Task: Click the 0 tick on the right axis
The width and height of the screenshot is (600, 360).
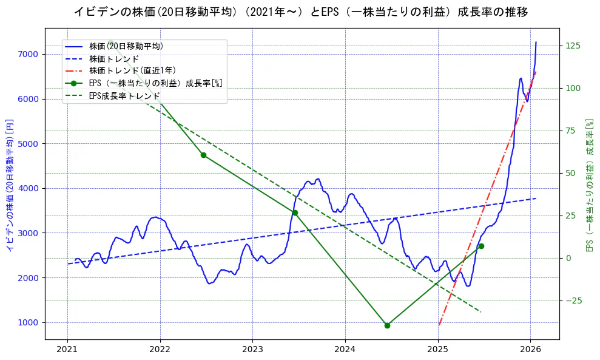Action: (568, 258)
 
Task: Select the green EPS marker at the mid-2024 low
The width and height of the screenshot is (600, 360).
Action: (387, 325)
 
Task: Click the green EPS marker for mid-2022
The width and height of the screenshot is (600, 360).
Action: (203, 155)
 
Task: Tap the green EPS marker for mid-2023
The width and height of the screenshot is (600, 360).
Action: (295, 212)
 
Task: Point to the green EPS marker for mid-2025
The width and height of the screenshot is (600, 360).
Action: (481, 246)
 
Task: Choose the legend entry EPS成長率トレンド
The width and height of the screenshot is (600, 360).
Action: (124, 95)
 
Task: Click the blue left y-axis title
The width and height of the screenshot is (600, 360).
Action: (10, 188)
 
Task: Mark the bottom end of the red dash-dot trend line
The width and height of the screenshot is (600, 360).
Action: (439, 325)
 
